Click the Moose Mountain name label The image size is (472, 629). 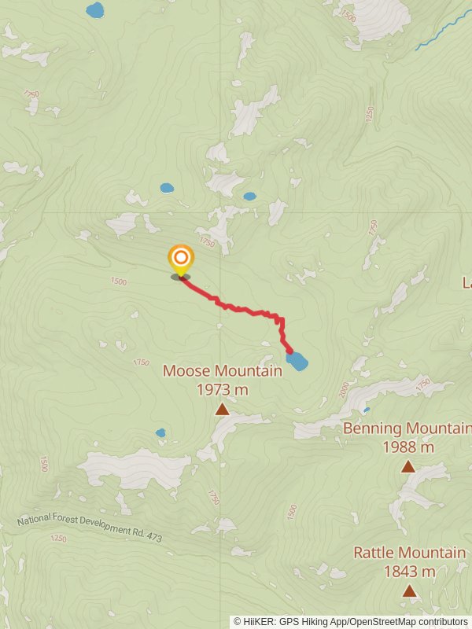pyautogui.click(x=222, y=371)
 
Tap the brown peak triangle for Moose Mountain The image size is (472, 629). pyautogui.click(x=222, y=409)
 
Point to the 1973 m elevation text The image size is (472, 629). pyautogui.click(x=222, y=389)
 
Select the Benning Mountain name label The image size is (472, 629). pyautogui.click(x=407, y=429)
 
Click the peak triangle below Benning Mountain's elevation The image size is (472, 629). pyautogui.click(x=407, y=467)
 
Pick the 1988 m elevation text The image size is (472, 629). pyautogui.click(x=408, y=447)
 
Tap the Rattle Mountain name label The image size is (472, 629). pyautogui.click(x=409, y=553)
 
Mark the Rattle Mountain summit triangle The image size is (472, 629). pyautogui.click(x=409, y=590)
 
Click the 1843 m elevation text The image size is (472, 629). pyautogui.click(x=409, y=572)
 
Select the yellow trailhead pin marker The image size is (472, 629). pyautogui.click(x=181, y=259)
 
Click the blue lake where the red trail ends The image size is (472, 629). pyautogui.click(x=297, y=362)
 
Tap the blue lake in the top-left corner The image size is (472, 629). pyautogui.click(x=94, y=10)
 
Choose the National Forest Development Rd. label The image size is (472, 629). pyautogui.click(x=79, y=526)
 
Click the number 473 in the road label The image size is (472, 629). pyautogui.click(x=153, y=538)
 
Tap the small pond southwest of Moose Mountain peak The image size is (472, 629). pyautogui.click(x=160, y=432)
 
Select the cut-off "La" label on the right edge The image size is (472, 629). pyautogui.click(x=466, y=281)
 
